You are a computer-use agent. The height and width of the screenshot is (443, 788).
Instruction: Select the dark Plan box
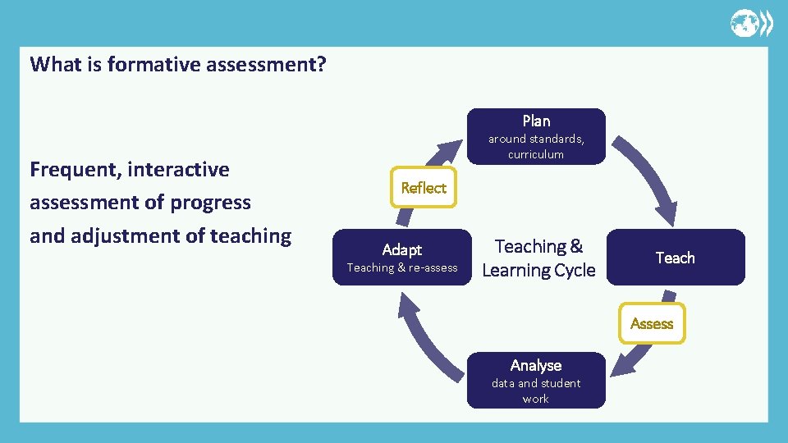[x=536, y=136]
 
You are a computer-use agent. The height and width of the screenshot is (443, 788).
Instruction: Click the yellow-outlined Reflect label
[x=424, y=188]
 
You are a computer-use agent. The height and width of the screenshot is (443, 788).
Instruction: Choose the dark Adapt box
[x=402, y=257]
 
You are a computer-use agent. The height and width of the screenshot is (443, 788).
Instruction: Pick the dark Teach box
[x=676, y=258]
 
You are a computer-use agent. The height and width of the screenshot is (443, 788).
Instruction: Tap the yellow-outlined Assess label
[x=652, y=324]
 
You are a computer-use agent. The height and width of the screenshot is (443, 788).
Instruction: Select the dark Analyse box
[x=536, y=381]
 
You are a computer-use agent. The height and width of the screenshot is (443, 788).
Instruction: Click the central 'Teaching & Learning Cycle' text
[x=538, y=258]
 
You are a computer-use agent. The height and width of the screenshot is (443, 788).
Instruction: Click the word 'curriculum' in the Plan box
[x=536, y=154]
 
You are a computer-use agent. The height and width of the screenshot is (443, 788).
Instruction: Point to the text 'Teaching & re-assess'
[x=402, y=268]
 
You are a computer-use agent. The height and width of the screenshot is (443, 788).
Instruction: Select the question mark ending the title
[x=320, y=64]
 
